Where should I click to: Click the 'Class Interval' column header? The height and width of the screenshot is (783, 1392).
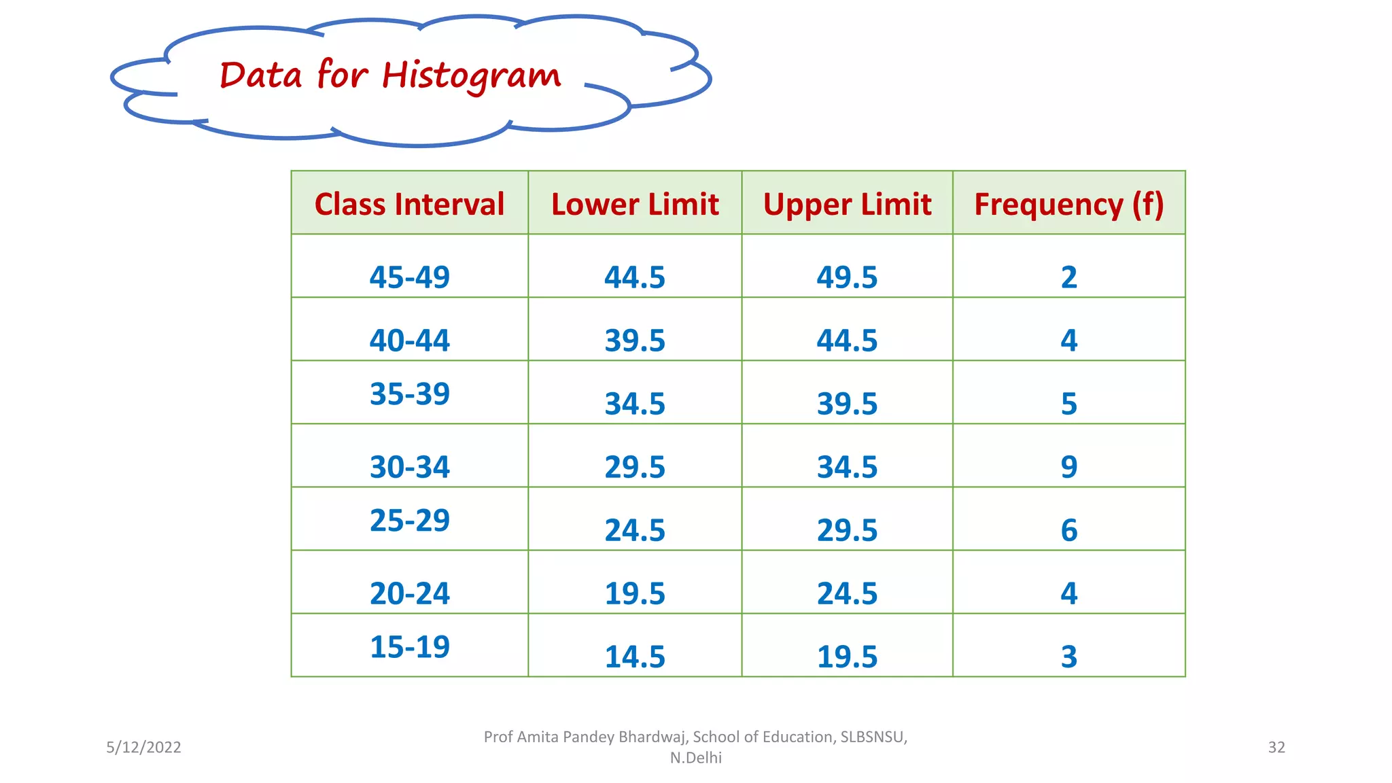click(x=409, y=204)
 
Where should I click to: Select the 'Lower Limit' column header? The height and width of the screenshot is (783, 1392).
click(x=635, y=204)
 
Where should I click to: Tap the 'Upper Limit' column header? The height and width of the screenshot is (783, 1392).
click(x=847, y=204)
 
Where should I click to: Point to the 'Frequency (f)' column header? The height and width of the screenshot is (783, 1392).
click(x=1069, y=204)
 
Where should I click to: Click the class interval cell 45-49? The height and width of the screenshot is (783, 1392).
click(x=409, y=277)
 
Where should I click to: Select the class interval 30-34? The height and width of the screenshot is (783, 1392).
click(x=409, y=467)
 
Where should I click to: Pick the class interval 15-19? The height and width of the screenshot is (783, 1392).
click(x=409, y=646)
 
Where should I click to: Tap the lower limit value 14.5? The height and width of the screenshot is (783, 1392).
click(x=635, y=657)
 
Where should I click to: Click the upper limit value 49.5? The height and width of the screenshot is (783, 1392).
click(x=847, y=277)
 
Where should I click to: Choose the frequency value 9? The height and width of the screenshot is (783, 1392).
click(x=1069, y=467)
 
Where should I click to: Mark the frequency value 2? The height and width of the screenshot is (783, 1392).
click(x=1069, y=277)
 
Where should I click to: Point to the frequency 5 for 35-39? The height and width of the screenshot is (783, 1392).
click(x=1069, y=404)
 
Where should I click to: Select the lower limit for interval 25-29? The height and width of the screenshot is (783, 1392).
click(x=635, y=530)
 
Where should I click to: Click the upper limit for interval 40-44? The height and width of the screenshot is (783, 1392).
click(x=847, y=341)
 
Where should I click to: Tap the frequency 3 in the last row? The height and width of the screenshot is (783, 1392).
click(x=1069, y=657)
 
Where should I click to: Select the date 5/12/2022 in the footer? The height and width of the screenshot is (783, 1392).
click(x=143, y=747)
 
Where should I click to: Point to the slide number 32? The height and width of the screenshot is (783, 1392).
click(x=1276, y=747)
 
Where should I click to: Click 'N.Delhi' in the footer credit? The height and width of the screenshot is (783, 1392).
click(x=695, y=758)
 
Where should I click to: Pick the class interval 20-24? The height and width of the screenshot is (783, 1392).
click(x=409, y=593)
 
